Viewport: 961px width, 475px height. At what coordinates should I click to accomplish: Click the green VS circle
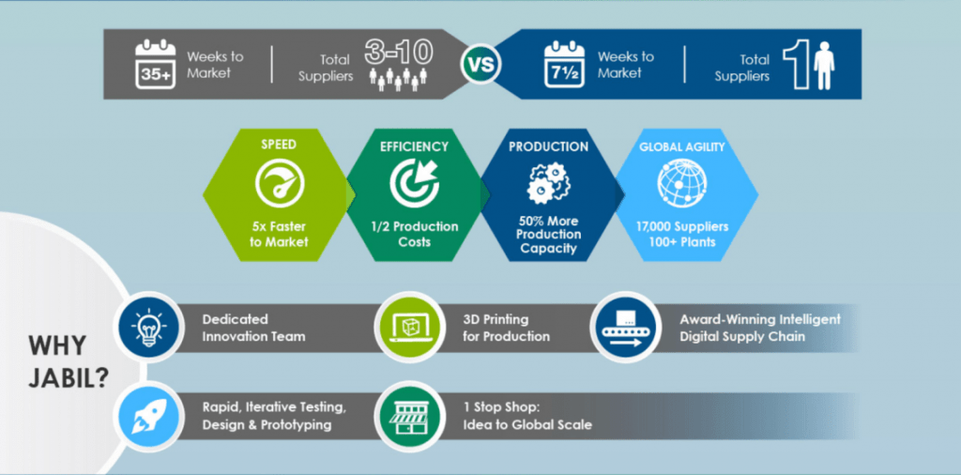pyautogui.click(x=480, y=66)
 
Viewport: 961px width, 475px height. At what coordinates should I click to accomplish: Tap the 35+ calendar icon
pyautogui.click(x=155, y=64)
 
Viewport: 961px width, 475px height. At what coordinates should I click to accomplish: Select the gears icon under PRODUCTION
pyautogui.click(x=548, y=183)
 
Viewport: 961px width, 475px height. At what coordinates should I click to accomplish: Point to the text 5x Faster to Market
pyautogui.click(x=278, y=235)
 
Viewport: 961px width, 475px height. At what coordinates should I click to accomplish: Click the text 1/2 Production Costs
pyautogui.click(x=414, y=235)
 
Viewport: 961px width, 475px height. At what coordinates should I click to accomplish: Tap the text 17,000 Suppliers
pyautogui.click(x=682, y=226)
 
